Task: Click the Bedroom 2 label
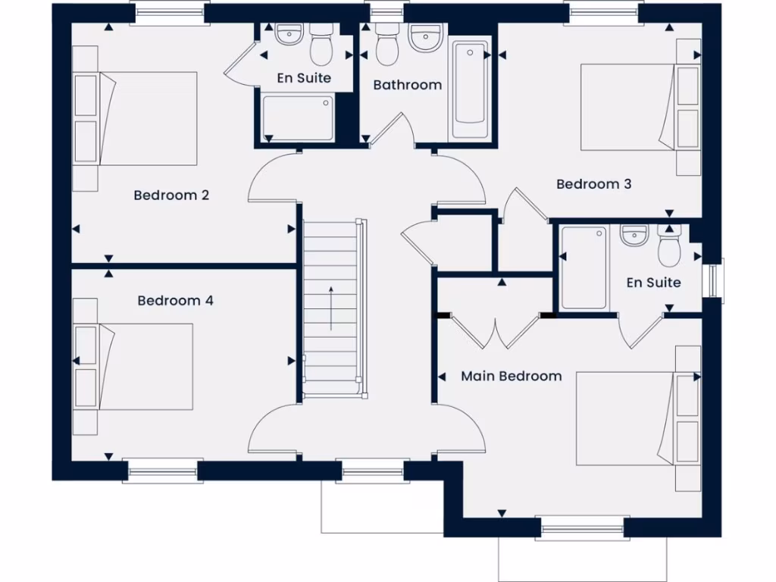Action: coord(171,195)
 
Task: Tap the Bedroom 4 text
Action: coord(175,301)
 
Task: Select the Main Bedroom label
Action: coord(512,376)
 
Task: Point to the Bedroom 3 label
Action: coord(594,184)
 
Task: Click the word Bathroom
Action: coord(407,85)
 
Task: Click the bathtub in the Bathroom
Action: coord(470,91)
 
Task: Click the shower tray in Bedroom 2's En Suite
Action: coord(298,117)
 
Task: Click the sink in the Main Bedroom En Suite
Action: coord(634,236)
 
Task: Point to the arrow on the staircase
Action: coord(330,308)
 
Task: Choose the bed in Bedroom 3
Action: coord(629,108)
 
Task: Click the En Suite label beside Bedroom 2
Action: coord(304,78)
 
